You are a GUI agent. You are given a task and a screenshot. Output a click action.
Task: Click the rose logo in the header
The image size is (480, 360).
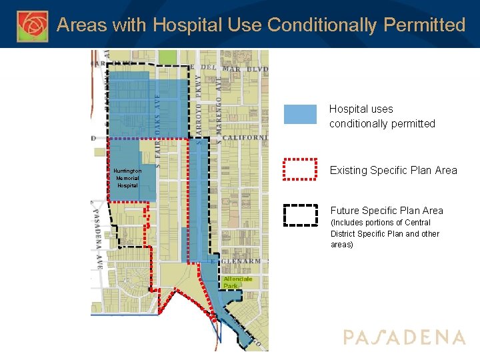click(x=33, y=25)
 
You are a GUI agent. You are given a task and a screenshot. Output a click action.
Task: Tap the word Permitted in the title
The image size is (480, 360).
click(x=424, y=25)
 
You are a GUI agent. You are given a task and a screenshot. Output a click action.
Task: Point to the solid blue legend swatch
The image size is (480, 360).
click(x=300, y=114)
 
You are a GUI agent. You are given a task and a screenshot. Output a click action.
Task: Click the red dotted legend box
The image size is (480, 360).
click(x=300, y=169)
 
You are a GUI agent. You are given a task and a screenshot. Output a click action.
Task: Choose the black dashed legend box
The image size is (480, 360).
click(x=300, y=215)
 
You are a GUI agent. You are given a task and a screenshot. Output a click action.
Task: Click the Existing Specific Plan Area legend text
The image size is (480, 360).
click(x=393, y=170)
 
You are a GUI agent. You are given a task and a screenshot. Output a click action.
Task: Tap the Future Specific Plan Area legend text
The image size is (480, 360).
click(x=387, y=211)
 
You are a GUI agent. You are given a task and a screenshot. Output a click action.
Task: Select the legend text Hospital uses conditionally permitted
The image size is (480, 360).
click(x=381, y=116)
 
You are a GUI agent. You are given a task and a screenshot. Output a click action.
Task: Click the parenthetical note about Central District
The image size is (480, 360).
click(x=385, y=233)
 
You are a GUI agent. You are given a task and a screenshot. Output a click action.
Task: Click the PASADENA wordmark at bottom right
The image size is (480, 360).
click(x=404, y=337)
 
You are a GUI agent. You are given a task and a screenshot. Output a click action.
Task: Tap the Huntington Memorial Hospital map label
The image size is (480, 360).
click(x=127, y=178)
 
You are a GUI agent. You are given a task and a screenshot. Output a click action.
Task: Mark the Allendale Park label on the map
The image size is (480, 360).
click(x=237, y=282)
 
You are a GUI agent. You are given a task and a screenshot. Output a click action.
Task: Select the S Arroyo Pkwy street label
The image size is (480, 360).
click(x=199, y=107)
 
